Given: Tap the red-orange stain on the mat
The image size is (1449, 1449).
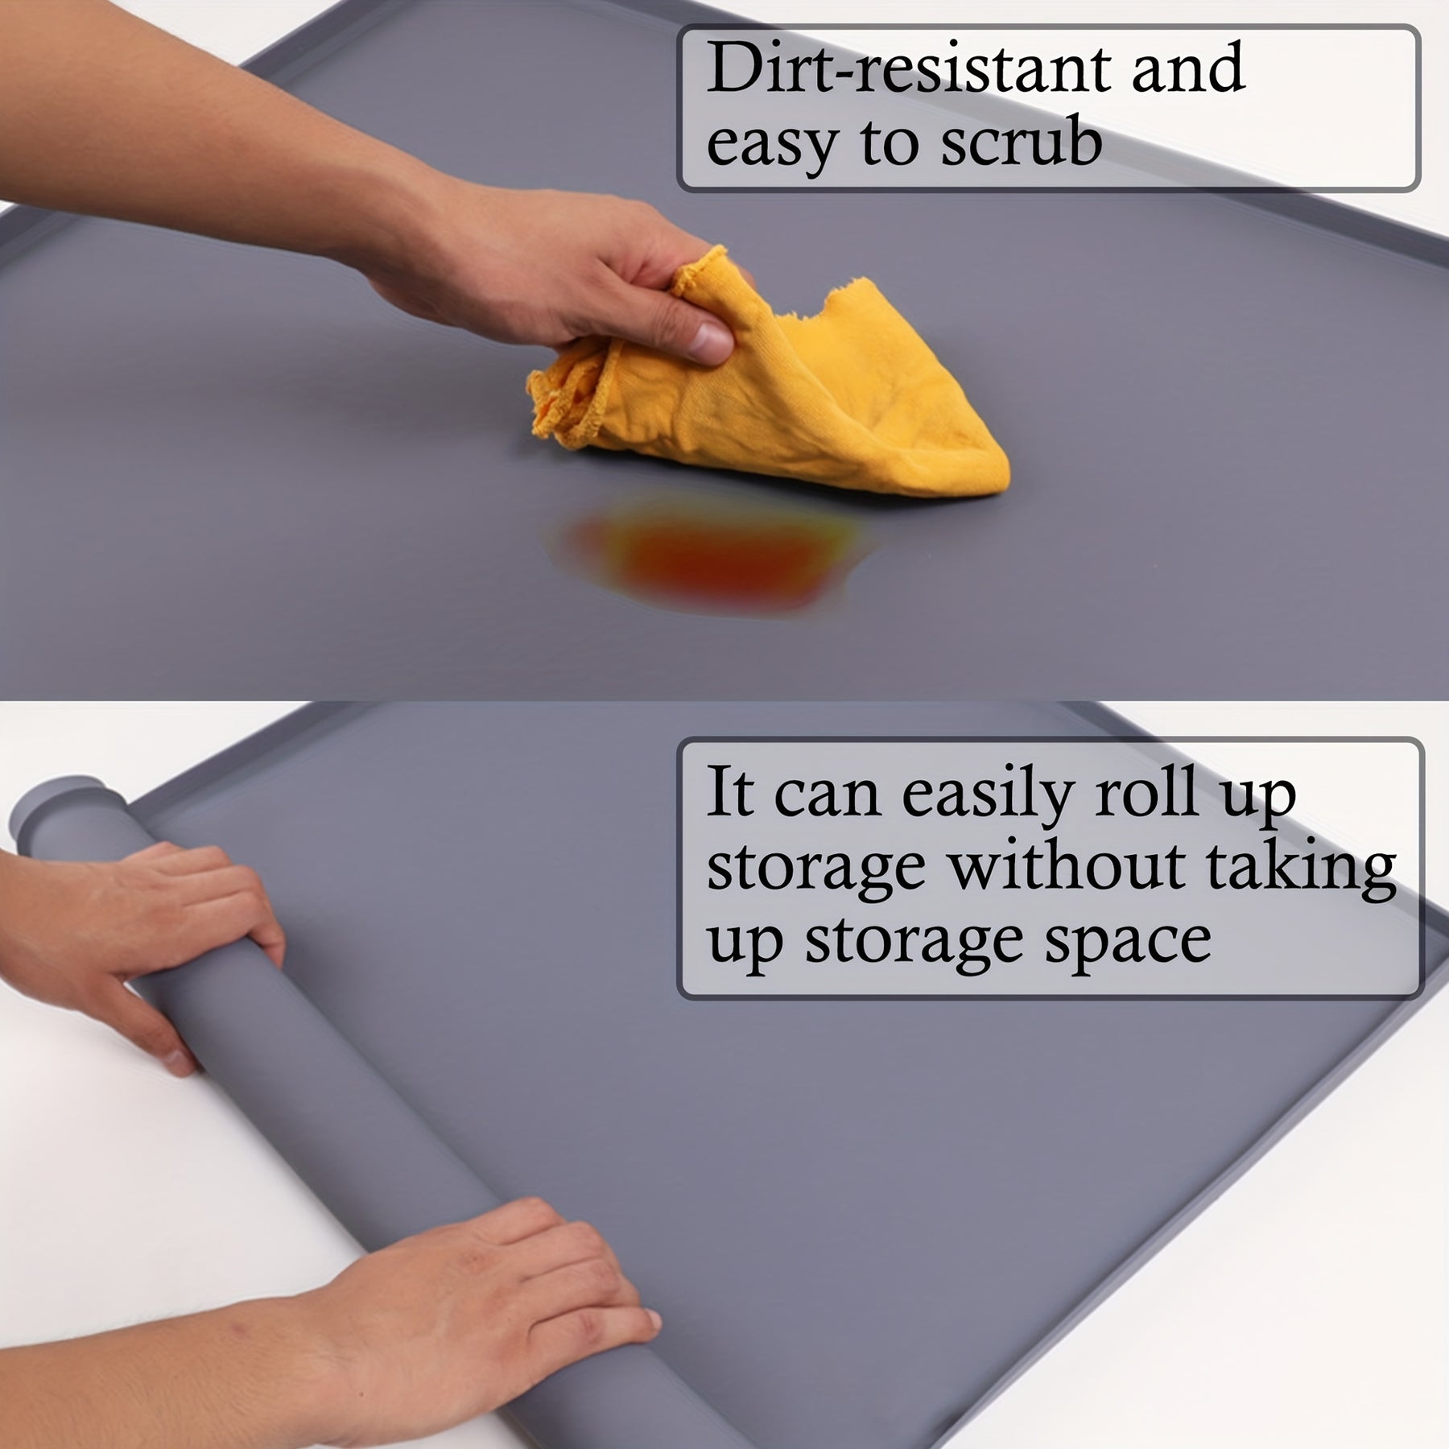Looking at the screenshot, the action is (708, 555).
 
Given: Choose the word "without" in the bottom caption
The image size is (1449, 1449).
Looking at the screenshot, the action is (1066, 866).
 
